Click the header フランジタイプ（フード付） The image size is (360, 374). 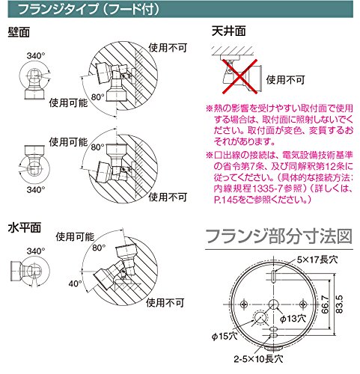coord(88,9)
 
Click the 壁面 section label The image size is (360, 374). coord(19,32)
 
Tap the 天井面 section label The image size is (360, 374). coord(229,31)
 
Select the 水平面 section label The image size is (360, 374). coord(25,227)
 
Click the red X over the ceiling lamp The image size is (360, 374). coord(240,76)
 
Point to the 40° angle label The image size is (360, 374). coord(75,283)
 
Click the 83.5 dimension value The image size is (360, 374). coord(339,304)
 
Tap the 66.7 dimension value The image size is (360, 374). coord(325,304)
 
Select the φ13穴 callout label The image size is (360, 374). coord(293,319)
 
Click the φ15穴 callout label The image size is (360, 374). coord(225,337)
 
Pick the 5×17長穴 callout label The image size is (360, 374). coord(317,260)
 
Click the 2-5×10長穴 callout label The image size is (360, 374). coord(258,359)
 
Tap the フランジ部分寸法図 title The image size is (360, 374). coord(279,236)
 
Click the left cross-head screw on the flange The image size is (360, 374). coord(244,304)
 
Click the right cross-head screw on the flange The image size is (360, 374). coord(303,304)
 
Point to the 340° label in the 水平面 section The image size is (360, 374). coord(36,251)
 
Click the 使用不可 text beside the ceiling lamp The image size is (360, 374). coord(285,80)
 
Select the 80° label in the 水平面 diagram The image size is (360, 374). coord(99,248)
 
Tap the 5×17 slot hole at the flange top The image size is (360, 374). coord(274,276)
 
